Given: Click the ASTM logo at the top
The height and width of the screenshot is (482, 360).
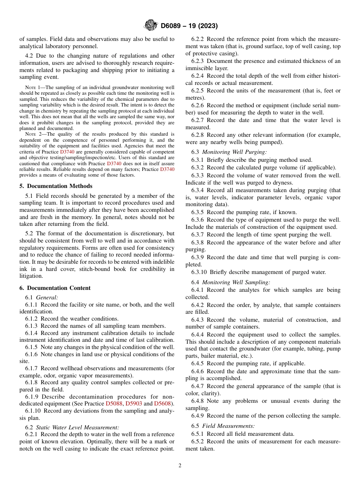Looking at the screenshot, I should coord(150,26).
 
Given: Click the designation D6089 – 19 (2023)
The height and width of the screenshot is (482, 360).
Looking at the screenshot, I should coord(189,26).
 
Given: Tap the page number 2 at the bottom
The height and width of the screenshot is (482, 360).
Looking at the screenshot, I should coord(180,466).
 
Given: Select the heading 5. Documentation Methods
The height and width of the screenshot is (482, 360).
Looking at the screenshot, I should coord(56,186).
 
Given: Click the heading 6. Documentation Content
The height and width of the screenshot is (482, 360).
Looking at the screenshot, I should coord(55,288).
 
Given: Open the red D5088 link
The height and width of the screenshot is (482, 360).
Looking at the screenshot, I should coord(114,404).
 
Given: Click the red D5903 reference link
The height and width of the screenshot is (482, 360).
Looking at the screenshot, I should coord(134,404).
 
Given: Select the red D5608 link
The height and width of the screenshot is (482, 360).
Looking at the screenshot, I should coord(163,404).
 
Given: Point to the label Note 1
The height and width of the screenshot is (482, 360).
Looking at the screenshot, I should coord(32,87).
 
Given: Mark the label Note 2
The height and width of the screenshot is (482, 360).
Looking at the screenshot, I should coord(32,134).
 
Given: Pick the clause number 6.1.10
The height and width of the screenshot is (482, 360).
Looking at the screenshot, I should coord(33,411).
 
